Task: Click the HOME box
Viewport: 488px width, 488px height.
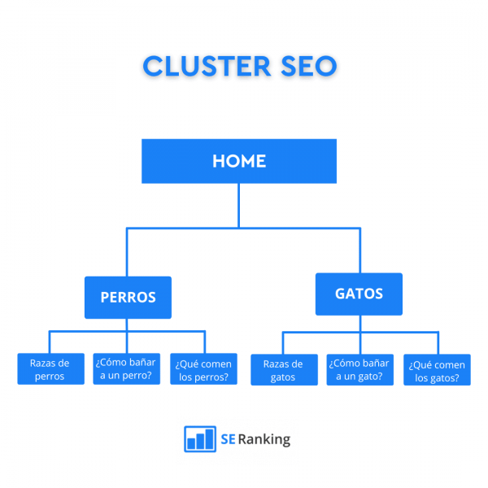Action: pyautogui.click(x=238, y=161)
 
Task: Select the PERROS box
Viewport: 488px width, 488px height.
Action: pyautogui.click(x=128, y=297)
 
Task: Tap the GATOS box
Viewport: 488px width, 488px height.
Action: pyautogui.click(x=359, y=294)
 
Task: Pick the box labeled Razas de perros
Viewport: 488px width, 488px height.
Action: pyautogui.click(x=50, y=369)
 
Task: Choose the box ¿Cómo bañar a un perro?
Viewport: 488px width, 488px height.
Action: pyautogui.click(x=126, y=369)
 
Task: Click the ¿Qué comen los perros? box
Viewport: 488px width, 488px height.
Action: pyautogui.click(x=204, y=369)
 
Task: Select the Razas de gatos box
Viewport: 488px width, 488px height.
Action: pyautogui.click(x=282, y=371)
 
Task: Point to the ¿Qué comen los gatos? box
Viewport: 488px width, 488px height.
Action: pyautogui.click(x=437, y=371)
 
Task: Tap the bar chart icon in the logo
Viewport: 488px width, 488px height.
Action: pyautogui.click(x=199, y=439)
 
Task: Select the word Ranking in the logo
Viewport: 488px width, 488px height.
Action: pyautogui.click(x=264, y=440)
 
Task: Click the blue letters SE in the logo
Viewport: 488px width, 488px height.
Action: pyautogui.click(x=228, y=440)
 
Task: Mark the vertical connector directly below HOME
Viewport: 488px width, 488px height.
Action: pyautogui.click(x=238, y=205)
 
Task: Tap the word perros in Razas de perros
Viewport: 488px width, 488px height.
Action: pyautogui.click(x=50, y=377)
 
